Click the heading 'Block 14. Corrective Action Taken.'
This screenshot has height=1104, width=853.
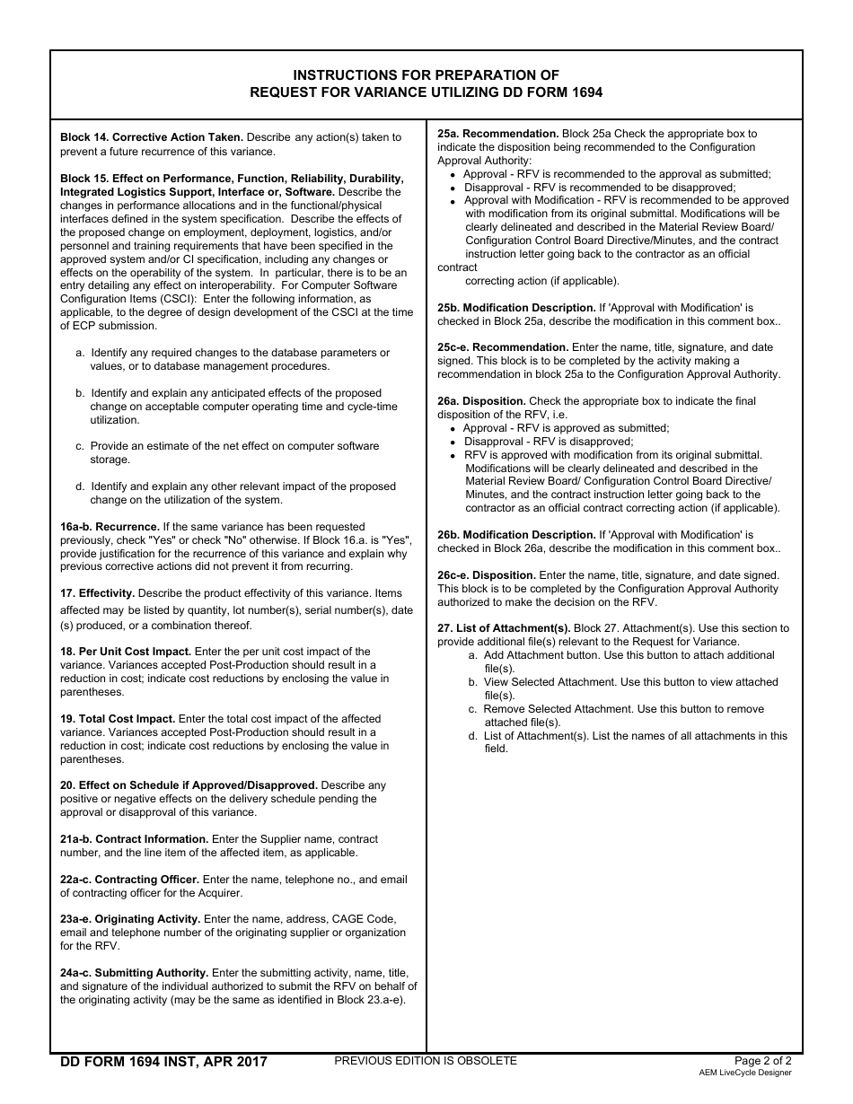coord(152,137)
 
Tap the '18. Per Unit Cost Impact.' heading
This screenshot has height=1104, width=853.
coord(126,652)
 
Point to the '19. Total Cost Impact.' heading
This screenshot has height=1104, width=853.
coord(118,719)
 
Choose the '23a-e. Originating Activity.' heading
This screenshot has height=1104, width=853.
coord(130,919)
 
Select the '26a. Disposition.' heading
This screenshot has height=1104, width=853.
coord(481,401)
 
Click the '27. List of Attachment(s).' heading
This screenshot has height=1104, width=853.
coord(504,628)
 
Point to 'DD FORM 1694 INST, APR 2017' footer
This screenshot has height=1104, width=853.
coord(163,1063)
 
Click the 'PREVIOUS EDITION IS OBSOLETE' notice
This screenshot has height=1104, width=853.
coord(426,1061)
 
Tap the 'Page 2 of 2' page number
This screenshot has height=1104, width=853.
coord(763,1061)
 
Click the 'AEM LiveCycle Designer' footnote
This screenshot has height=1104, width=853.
coord(745,1073)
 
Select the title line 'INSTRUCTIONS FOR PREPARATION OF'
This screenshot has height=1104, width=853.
coord(426,75)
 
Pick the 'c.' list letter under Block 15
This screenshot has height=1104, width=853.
coord(80,446)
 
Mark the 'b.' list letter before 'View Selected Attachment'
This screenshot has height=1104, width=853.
coord(473,682)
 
